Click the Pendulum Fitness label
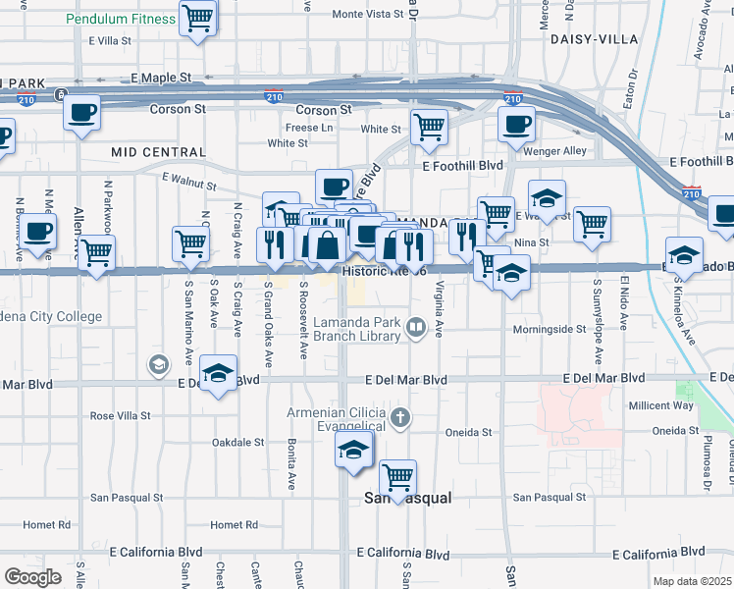point(121,19)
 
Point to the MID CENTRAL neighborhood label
point(159,152)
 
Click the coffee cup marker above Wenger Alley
point(517,124)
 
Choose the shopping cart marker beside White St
point(429,127)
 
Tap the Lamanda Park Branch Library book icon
point(417,328)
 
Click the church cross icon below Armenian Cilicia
point(398,419)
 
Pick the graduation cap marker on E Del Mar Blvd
point(218,373)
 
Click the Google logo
point(32,576)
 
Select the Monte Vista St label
point(368,14)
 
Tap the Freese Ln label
point(309,128)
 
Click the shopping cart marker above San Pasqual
point(397,478)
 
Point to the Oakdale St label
point(239,442)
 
